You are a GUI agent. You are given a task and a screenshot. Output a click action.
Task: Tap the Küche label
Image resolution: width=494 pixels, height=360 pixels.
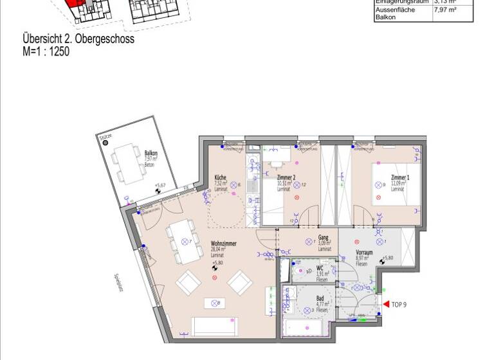[219, 177]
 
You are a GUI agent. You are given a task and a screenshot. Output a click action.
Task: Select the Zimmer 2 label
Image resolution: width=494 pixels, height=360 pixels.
[286, 177]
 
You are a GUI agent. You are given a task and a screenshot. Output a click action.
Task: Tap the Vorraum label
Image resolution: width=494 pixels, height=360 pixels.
[365, 253]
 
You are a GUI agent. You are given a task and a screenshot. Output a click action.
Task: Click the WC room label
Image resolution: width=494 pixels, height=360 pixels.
[320, 268]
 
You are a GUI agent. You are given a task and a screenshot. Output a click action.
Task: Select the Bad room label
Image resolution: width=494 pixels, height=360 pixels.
[320, 299]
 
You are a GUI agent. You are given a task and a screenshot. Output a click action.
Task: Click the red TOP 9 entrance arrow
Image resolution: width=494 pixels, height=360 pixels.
[386, 304]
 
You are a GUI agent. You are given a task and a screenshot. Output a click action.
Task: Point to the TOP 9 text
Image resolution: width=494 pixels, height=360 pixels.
[399, 304]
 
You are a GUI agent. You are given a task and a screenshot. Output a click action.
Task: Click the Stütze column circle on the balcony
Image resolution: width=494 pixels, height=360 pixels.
[106, 144]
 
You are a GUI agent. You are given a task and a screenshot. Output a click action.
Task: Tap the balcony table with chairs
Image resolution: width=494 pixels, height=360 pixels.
[129, 165]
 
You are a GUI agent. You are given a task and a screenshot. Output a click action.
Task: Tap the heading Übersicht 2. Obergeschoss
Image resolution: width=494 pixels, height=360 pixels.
[78, 40]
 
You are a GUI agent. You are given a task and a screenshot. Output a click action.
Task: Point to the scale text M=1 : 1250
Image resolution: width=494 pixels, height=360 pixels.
[46, 51]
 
